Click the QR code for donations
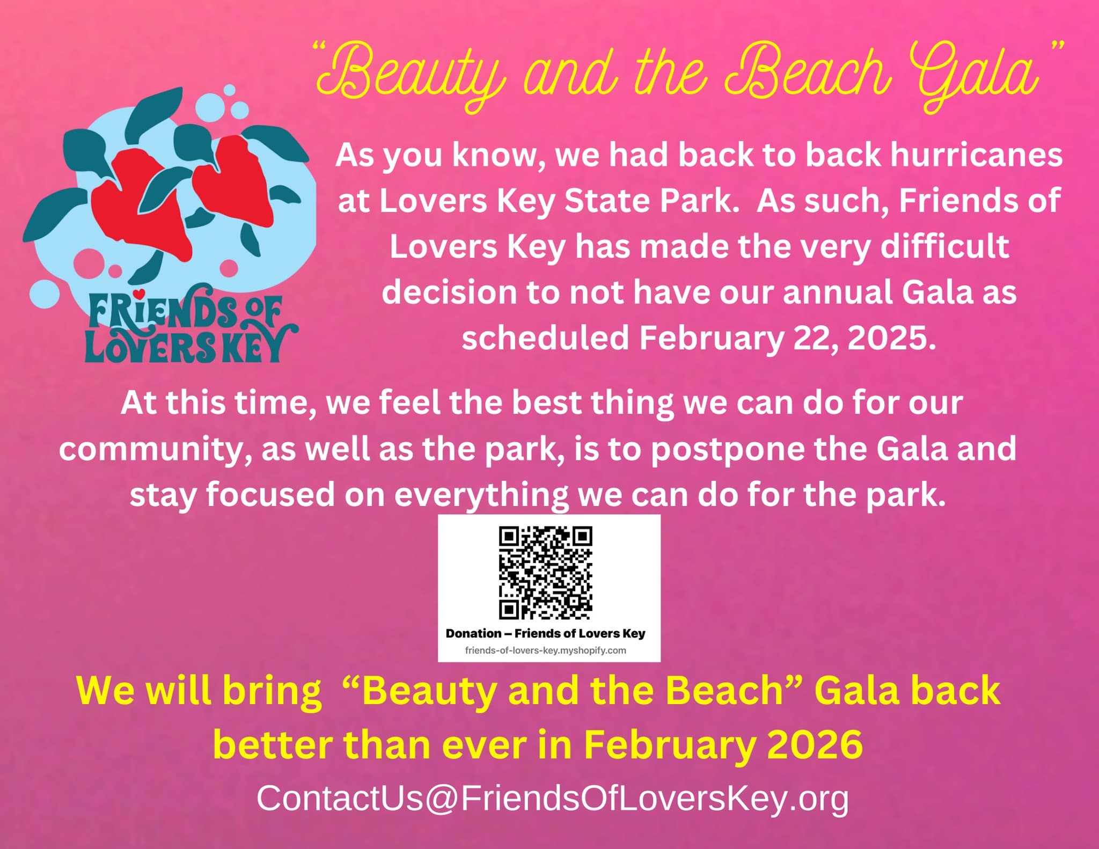click(x=546, y=573)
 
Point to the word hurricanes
click(x=976, y=155)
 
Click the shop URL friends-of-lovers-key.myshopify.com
click(x=546, y=650)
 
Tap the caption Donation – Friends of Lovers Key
click(x=546, y=633)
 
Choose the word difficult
click(x=945, y=246)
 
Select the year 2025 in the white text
click(x=891, y=338)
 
